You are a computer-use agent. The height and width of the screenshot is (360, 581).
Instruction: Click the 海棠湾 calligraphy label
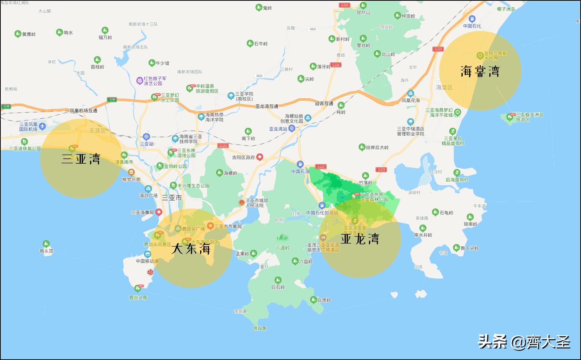pos(480,71)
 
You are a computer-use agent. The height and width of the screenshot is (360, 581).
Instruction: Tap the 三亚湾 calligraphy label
pos(81,159)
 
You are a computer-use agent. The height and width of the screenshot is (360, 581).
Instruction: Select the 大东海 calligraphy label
pos(191,249)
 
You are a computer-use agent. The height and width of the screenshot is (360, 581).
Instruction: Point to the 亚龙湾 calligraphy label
pos(360,239)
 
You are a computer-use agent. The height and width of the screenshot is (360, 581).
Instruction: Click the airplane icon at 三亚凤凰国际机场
pos(43,127)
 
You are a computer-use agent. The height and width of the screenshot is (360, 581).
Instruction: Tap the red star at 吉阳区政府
pos(260,157)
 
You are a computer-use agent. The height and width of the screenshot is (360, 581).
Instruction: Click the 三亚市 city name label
pos(172,198)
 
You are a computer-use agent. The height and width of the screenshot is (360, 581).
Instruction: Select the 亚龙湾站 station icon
pos(292,128)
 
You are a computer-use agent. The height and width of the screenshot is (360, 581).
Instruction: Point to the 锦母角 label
pos(259,328)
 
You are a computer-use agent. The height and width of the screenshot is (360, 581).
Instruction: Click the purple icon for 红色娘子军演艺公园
pos(139,80)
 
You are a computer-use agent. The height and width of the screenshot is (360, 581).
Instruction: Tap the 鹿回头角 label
pos(138,298)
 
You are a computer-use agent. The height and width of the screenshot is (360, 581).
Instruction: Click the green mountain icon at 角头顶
pos(46,244)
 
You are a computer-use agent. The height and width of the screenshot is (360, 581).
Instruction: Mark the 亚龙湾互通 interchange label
pos(267,106)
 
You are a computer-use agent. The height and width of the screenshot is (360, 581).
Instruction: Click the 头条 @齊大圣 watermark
pos(524,342)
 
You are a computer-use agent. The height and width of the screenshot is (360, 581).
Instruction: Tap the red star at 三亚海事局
pos(159,212)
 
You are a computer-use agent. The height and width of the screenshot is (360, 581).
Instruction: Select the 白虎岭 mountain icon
pos(313,299)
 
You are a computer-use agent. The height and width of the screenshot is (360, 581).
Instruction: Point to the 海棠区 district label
pos(444,87)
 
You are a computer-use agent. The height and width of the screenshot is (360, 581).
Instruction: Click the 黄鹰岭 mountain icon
pos(17,34)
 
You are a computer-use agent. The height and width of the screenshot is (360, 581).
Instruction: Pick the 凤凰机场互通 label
pos(84,110)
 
